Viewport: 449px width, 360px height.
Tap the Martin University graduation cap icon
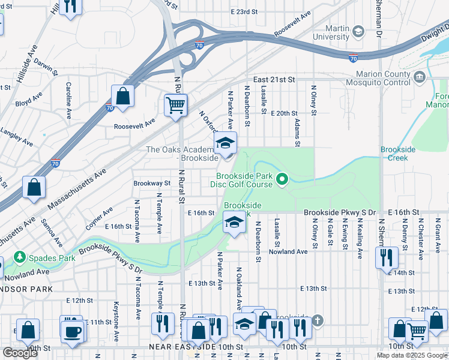[x=358, y=31]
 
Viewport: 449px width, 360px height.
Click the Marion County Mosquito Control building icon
[x=420, y=76]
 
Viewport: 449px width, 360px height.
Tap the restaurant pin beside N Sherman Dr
[x=384, y=257]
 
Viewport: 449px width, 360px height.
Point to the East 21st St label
[x=274, y=79]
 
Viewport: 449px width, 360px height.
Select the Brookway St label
[x=152, y=183]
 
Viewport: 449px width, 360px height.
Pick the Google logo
[x=20, y=352]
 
